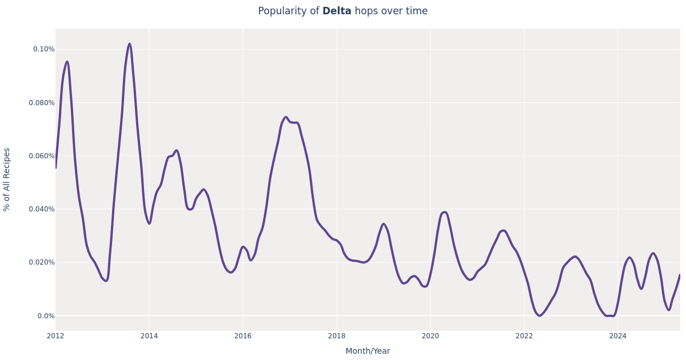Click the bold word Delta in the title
point(337,11)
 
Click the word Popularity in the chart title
point(288,11)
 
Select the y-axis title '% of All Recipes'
point(7,179)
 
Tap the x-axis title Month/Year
point(368,351)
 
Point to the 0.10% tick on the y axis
point(43,49)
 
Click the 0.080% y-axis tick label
point(42,103)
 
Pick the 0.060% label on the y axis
point(42,156)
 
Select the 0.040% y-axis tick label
point(42,209)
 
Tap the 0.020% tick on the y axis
point(42,262)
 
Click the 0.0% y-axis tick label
point(46,316)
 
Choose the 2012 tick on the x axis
point(55,336)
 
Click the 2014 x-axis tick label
point(149,336)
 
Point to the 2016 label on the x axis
point(243,336)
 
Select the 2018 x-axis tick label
point(337,336)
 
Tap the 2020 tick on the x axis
point(430,336)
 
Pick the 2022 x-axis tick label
point(524,336)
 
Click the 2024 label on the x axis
point(618,336)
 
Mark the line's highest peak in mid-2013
point(129,44)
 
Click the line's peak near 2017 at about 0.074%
point(286,117)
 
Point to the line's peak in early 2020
point(445,212)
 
